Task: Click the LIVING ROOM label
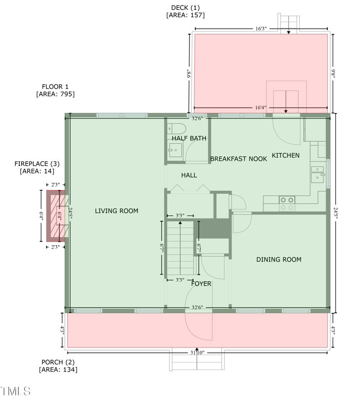tap(117, 211)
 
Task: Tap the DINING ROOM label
tap(279, 259)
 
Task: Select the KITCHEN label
tap(285, 155)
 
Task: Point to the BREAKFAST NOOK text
tap(238, 158)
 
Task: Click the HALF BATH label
tap(189, 138)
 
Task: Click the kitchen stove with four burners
tap(287, 203)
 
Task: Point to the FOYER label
tap(201, 284)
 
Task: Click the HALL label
tap(189, 175)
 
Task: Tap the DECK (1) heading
tap(185, 7)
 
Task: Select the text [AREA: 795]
tap(55, 94)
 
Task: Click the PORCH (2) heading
tap(58, 362)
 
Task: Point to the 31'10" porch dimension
tap(197, 352)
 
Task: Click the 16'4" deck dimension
tap(261, 108)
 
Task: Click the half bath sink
tap(174, 150)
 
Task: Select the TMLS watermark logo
tap(16, 391)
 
